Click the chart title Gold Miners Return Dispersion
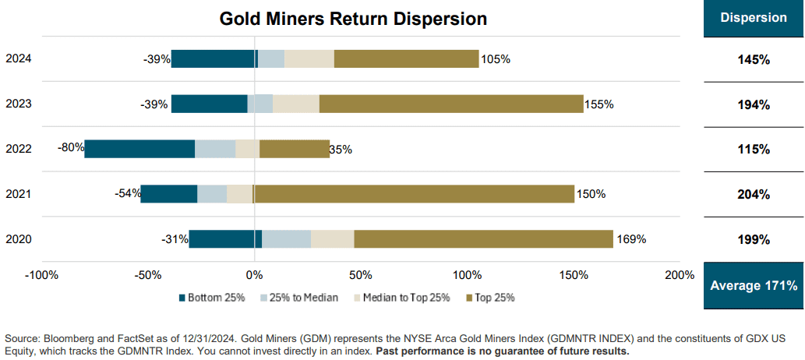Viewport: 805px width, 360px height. [x=353, y=19]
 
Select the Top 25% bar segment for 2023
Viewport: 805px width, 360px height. [x=451, y=104]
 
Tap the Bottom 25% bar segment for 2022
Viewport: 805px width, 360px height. [x=139, y=149]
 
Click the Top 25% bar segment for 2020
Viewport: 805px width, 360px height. [x=483, y=239]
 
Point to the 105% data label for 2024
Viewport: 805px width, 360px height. [x=496, y=59]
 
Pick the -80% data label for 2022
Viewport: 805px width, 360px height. [x=71, y=147]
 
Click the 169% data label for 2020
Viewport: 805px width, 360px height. [x=630, y=239]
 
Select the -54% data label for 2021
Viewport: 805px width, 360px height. [x=128, y=192]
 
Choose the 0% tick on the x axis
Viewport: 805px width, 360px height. [x=254, y=275]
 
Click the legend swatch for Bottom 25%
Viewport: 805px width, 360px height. [x=183, y=298]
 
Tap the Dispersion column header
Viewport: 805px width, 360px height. [x=754, y=18]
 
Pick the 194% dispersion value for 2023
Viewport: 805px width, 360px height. [x=754, y=104]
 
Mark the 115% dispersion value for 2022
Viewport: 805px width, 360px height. [x=754, y=150]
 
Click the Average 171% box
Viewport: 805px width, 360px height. [x=754, y=286]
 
